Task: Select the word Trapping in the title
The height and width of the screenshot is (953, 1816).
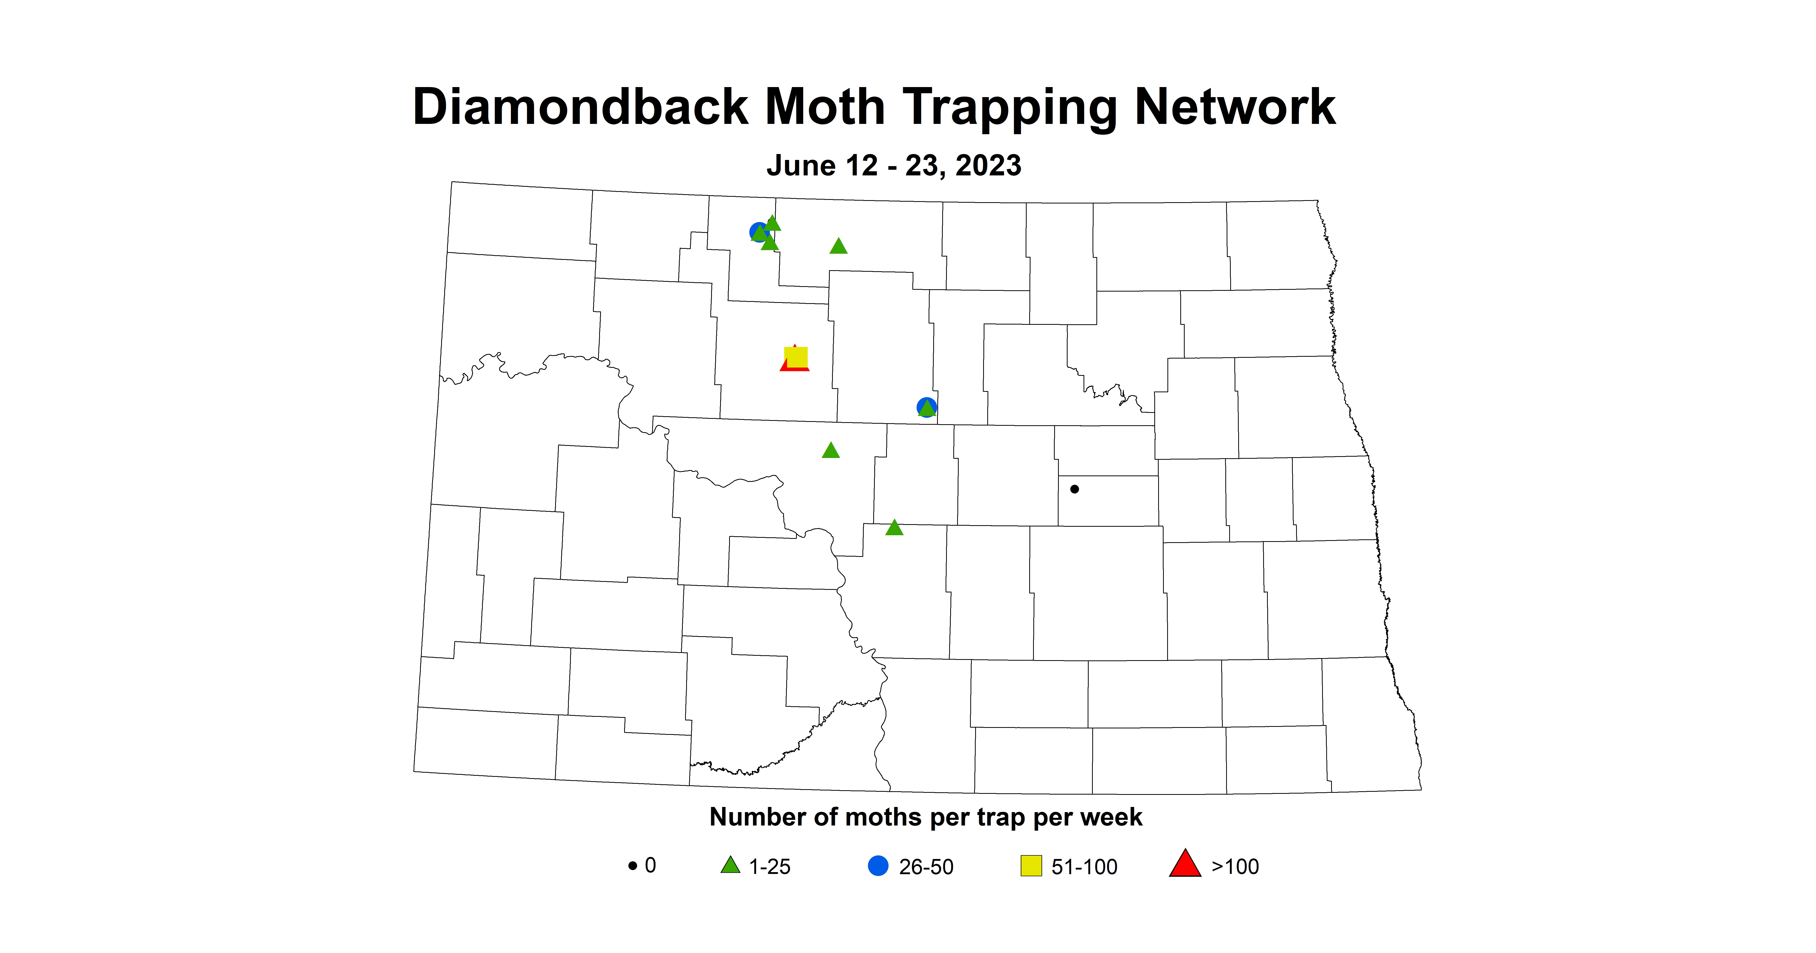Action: (x=1010, y=109)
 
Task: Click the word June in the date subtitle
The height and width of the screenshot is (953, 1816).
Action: (x=801, y=166)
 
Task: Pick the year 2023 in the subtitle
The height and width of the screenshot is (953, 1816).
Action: (x=988, y=166)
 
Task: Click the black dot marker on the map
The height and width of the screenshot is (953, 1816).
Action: (x=1074, y=489)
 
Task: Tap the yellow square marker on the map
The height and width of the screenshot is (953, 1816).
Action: (x=796, y=357)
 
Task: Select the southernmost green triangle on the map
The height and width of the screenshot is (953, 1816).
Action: (x=894, y=528)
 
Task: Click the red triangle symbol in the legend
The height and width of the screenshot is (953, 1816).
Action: (x=1185, y=864)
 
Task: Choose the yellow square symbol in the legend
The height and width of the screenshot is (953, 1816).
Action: (x=1031, y=865)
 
